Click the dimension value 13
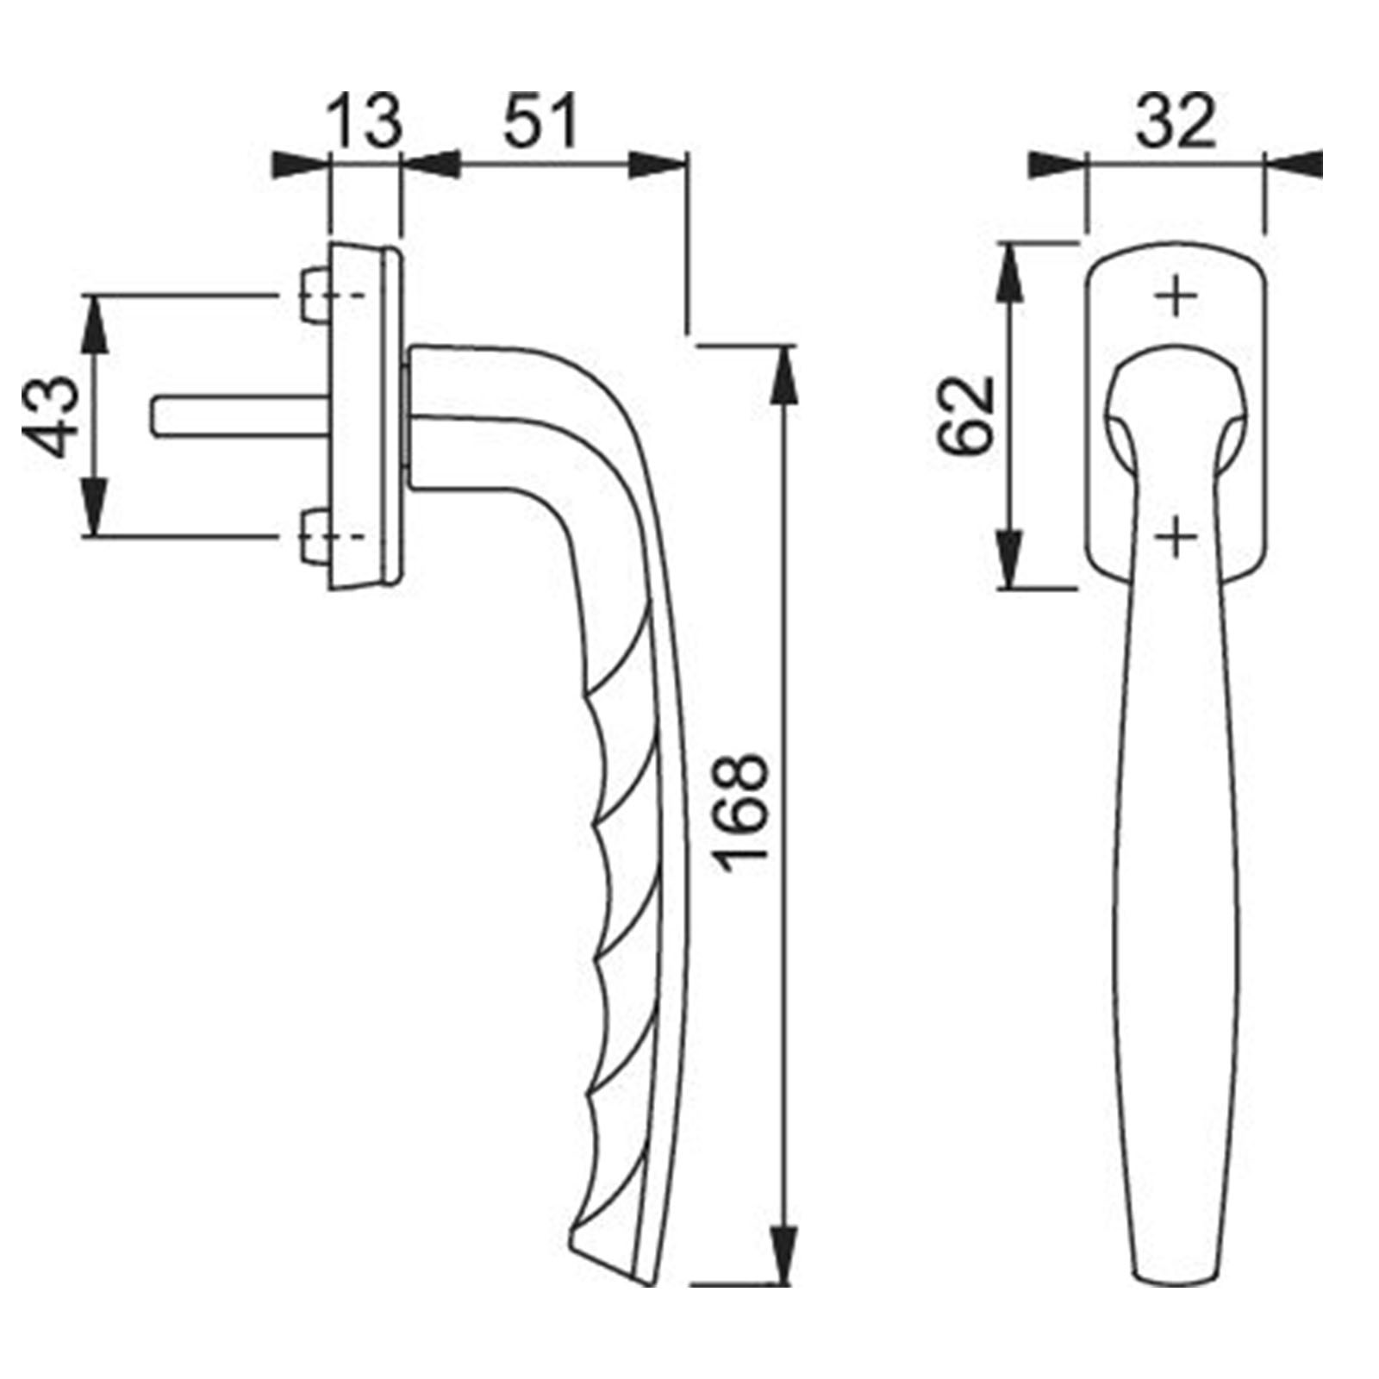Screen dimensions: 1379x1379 (x=366, y=122)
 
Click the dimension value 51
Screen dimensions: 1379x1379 (x=540, y=122)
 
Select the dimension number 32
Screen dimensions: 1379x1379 (x=1176, y=122)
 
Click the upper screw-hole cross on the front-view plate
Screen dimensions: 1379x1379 (x=1177, y=298)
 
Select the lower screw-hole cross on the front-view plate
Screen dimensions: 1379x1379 (x=1177, y=540)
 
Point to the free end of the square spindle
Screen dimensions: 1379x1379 (x=158, y=415)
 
